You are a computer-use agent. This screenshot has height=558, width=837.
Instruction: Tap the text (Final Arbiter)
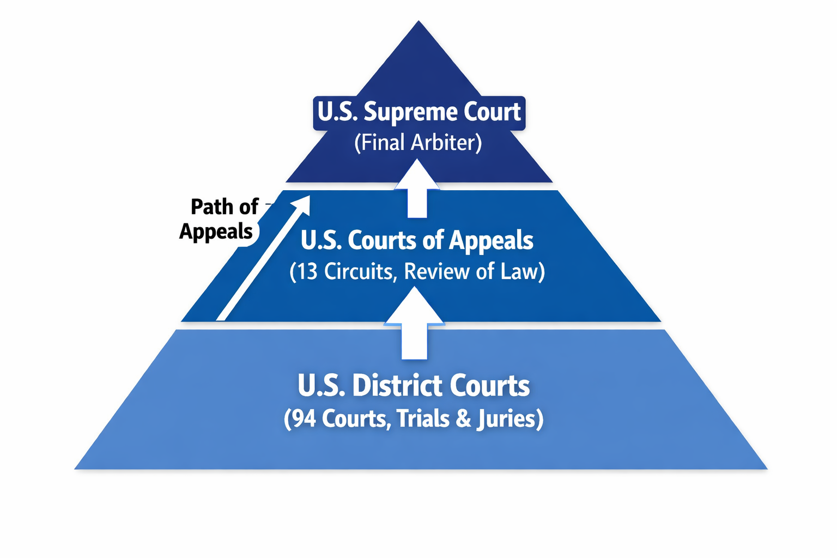418,143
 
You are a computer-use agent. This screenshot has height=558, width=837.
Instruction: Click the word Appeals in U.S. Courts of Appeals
490,240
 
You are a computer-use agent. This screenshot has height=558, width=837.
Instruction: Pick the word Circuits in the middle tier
358,271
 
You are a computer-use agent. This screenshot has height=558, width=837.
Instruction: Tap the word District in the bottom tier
397,386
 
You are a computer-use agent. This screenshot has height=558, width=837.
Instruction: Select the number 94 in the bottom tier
304,418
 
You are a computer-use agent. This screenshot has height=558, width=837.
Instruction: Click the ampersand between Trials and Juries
463,418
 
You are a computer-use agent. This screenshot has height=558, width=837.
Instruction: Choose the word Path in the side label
209,207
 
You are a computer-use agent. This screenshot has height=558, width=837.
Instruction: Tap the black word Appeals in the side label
216,232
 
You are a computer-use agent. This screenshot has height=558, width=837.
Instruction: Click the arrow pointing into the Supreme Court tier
417,189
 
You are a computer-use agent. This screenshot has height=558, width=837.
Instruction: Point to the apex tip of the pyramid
418,23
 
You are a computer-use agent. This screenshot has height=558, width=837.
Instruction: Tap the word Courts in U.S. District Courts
489,386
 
